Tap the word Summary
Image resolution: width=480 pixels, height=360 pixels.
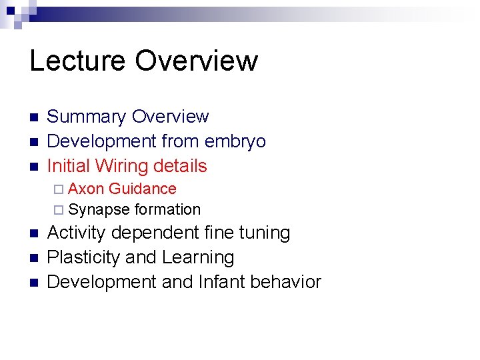(x=87, y=117)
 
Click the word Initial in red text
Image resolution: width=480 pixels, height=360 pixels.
(x=69, y=165)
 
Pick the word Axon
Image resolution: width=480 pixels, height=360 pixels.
(x=86, y=189)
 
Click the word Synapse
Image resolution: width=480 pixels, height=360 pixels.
(x=99, y=210)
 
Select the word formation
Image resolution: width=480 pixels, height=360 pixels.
(x=167, y=209)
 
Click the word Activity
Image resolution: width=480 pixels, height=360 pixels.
(x=78, y=233)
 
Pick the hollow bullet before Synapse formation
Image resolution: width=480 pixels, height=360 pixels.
(x=59, y=210)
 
